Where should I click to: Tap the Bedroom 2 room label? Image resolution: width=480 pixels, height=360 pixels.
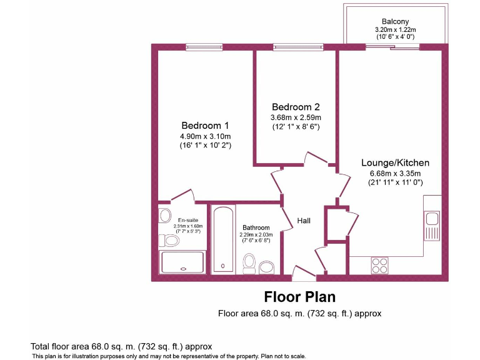point(295,106)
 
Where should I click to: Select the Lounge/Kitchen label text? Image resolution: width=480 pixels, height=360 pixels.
point(395,163)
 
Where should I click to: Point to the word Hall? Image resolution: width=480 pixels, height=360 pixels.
point(304,221)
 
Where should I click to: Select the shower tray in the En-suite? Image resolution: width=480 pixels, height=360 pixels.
point(183,262)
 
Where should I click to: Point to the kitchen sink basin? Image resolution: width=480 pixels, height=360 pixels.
point(431,219)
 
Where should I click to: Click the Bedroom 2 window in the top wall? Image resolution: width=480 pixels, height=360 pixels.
point(298,47)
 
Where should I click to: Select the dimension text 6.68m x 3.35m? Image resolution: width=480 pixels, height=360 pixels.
point(395,174)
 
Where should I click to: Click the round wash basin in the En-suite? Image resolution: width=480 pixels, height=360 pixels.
point(165,216)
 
